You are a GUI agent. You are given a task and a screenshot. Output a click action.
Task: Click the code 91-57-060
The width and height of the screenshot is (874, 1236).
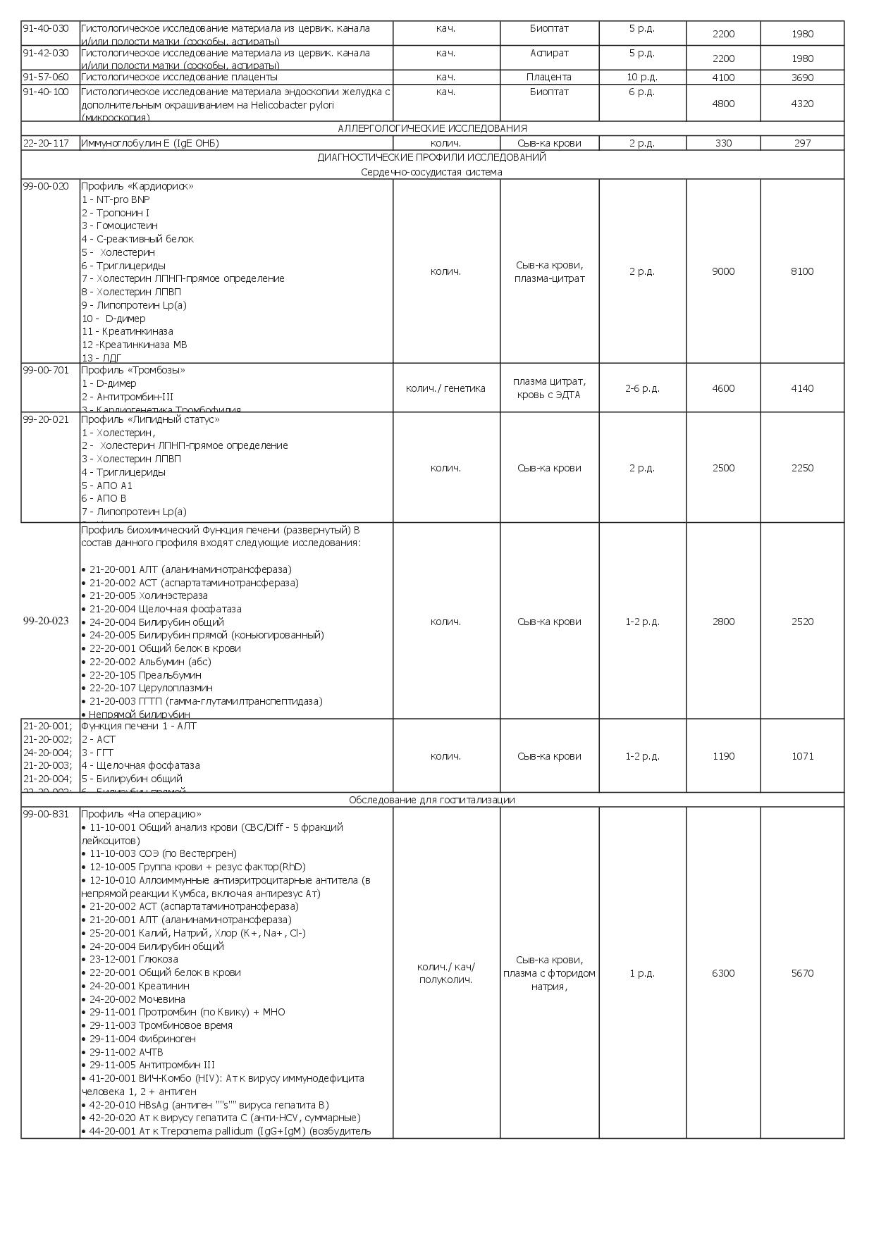pyautogui.click(x=46, y=77)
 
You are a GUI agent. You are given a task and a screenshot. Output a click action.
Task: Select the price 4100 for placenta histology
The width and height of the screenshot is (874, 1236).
pyautogui.click(x=723, y=78)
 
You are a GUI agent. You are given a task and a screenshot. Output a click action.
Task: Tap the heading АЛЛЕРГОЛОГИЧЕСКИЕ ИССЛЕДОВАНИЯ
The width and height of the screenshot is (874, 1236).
pyautogui.click(x=432, y=128)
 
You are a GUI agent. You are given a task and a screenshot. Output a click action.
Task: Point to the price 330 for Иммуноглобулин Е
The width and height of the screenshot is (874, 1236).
pyautogui.click(x=723, y=143)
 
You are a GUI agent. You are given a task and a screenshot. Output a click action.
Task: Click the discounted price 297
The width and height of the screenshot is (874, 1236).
pyautogui.click(x=802, y=143)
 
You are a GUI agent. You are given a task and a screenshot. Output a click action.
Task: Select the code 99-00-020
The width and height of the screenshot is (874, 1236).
pyautogui.click(x=46, y=186)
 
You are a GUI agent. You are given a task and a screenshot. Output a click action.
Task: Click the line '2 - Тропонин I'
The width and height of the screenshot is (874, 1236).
pyautogui.click(x=116, y=213)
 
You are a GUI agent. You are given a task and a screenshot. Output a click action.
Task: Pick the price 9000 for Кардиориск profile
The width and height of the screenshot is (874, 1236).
pyautogui.click(x=723, y=271)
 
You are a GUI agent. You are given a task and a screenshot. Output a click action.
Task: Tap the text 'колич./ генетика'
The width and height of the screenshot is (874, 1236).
pyautogui.click(x=445, y=388)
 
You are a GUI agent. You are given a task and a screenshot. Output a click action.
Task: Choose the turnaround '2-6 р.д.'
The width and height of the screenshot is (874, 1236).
pyautogui.click(x=642, y=388)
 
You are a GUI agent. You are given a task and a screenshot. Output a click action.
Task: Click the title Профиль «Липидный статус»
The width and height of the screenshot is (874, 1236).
pyautogui.click(x=150, y=419)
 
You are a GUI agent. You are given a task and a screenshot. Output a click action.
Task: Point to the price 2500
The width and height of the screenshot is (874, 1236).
pyautogui.click(x=723, y=468)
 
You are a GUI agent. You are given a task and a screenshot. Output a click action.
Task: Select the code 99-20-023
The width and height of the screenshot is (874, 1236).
pyautogui.click(x=46, y=621)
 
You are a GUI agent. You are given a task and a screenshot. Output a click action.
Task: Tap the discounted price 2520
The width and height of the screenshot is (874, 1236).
pyautogui.click(x=802, y=622)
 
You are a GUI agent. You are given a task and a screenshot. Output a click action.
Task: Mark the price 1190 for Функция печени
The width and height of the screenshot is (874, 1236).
pyautogui.click(x=723, y=756)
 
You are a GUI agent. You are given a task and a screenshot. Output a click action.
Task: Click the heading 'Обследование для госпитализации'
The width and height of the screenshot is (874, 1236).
pyautogui.click(x=432, y=800)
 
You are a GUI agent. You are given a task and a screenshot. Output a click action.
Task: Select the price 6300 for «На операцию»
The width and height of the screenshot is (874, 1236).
pyautogui.click(x=723, y=973)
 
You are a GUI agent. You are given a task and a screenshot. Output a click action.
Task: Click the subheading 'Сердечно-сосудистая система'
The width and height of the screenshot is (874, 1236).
pyautogui.click(x=432, y=172)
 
